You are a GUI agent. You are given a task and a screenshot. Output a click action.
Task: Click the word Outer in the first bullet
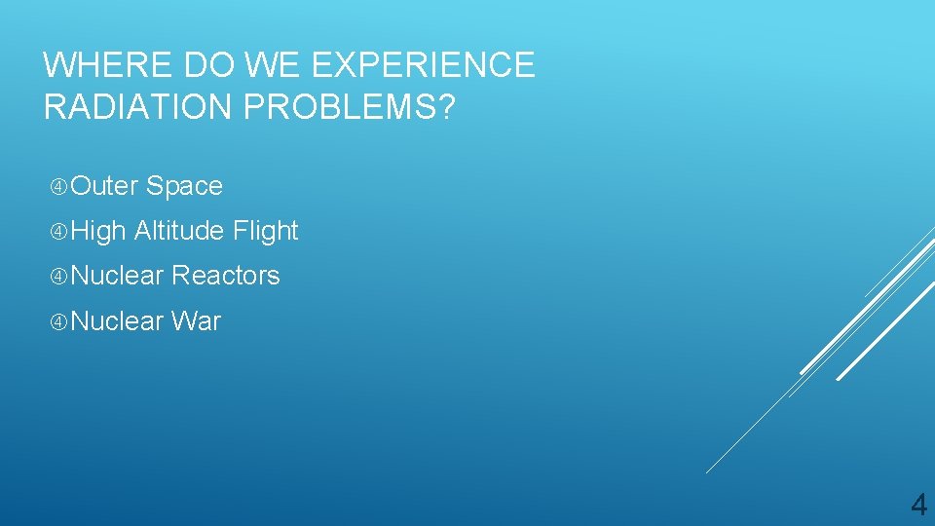click(x=106, y=186)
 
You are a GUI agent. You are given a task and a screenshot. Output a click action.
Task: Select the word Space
click(x=186, y=186)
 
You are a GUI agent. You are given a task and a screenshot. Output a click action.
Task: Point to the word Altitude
click(x=179, y=231)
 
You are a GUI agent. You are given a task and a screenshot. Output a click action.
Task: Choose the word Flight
click(x=266, y=231)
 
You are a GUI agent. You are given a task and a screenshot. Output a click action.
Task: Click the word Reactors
click(x=226, y=276)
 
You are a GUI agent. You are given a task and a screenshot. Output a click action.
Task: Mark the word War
click(x=197, y=320)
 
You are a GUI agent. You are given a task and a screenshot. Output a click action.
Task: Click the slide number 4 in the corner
click(x=917, y=505)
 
